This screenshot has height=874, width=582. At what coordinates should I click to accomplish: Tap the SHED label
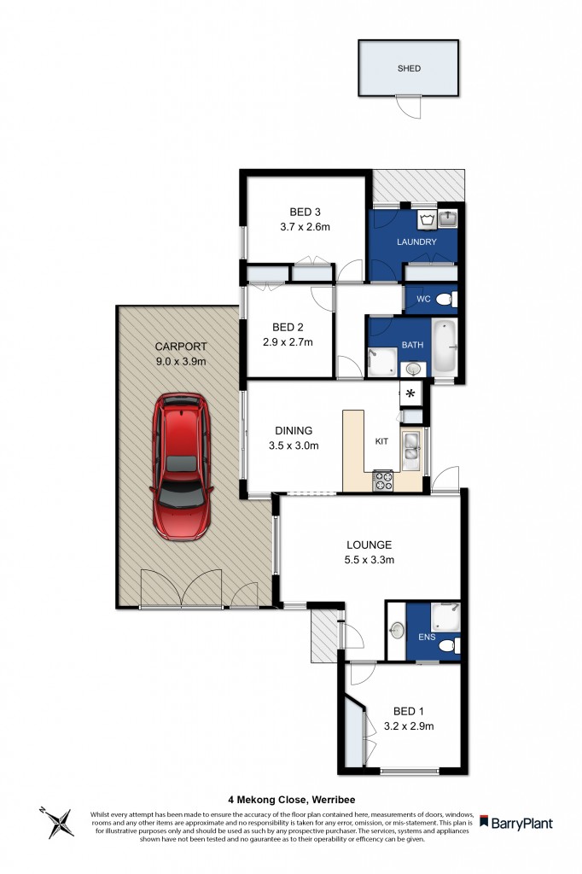click(408, 68)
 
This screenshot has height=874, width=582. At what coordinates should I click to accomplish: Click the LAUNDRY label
click(416, 242)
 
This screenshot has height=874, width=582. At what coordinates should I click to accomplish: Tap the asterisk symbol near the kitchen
click(410, 393)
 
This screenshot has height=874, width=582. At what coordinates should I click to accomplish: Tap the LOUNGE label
click(369, 545)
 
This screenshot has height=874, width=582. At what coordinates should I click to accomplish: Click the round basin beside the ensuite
click(397, 632)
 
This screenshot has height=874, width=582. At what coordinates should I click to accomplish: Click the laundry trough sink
click(448, 219)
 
